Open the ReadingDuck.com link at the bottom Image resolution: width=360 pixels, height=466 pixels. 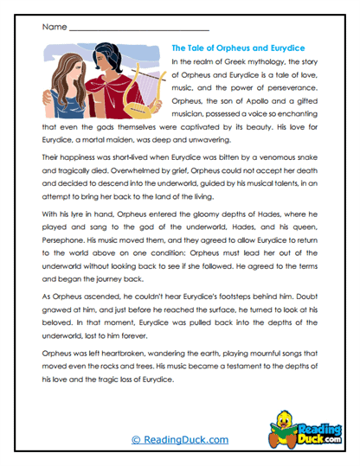[x=179, y=439]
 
